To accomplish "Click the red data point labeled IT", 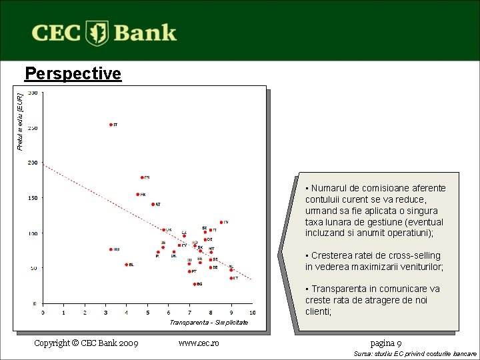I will [111, 125].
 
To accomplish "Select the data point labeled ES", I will [142, 177].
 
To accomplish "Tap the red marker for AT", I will [153, 204].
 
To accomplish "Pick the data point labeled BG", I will [195, 284].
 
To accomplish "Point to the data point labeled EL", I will [126, 265].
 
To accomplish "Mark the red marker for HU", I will [111, 249].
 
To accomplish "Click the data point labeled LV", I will [221, 222].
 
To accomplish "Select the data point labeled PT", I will [189, 271].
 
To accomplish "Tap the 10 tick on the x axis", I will [252, 312].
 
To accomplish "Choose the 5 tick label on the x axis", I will [147, 312].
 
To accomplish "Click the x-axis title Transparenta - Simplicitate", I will [208, 322].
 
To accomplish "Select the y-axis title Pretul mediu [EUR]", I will [20, 121].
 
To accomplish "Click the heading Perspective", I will [73, 73].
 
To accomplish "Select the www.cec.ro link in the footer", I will [199, 343].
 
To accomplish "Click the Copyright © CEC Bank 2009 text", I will [86, 343].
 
